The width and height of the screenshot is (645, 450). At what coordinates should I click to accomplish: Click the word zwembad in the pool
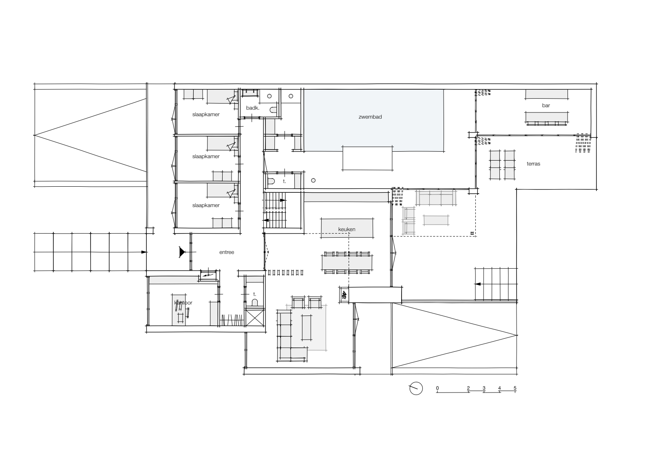coord(370,117)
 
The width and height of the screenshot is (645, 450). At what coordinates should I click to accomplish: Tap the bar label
coord(546,106)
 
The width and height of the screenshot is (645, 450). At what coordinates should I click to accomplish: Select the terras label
coord(533,164)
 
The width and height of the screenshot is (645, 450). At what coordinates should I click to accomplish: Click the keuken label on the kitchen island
coord(347,229)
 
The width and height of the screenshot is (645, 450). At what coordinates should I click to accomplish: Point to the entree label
coord(227,252)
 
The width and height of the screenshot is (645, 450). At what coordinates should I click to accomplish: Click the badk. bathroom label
coord(252,108)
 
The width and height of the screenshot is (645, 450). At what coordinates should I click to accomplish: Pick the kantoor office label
coord(183,302)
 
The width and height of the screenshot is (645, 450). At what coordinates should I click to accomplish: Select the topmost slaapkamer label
coord(206,114)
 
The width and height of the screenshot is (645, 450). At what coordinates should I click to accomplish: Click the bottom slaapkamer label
coord(206,205)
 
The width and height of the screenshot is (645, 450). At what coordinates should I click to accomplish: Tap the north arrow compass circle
coord(416,388)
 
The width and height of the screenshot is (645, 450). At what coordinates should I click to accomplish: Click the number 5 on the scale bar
coord(515,388)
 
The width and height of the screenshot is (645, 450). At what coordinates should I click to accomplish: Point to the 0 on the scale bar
coord(437,388)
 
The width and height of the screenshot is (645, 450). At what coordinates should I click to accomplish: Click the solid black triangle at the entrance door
coord(182,252)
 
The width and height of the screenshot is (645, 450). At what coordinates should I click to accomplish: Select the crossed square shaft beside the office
coord(254,318)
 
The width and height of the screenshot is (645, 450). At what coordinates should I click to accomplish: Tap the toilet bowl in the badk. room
coord(273,110)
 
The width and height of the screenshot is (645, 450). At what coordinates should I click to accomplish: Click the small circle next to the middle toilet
coord(313,181)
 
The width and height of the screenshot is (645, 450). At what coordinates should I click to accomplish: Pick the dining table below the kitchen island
coord(347,262)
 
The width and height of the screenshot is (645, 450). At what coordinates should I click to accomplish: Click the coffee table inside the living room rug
coord(306,328)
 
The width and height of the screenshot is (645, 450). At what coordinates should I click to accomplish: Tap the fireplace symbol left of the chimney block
coord(344,295)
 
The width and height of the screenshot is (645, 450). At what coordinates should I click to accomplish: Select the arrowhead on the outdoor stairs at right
coord(477,284)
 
